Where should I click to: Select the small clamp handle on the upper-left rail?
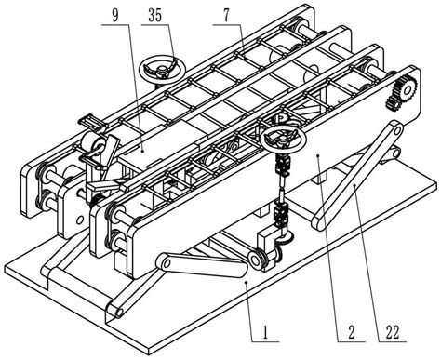[87, 120]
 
